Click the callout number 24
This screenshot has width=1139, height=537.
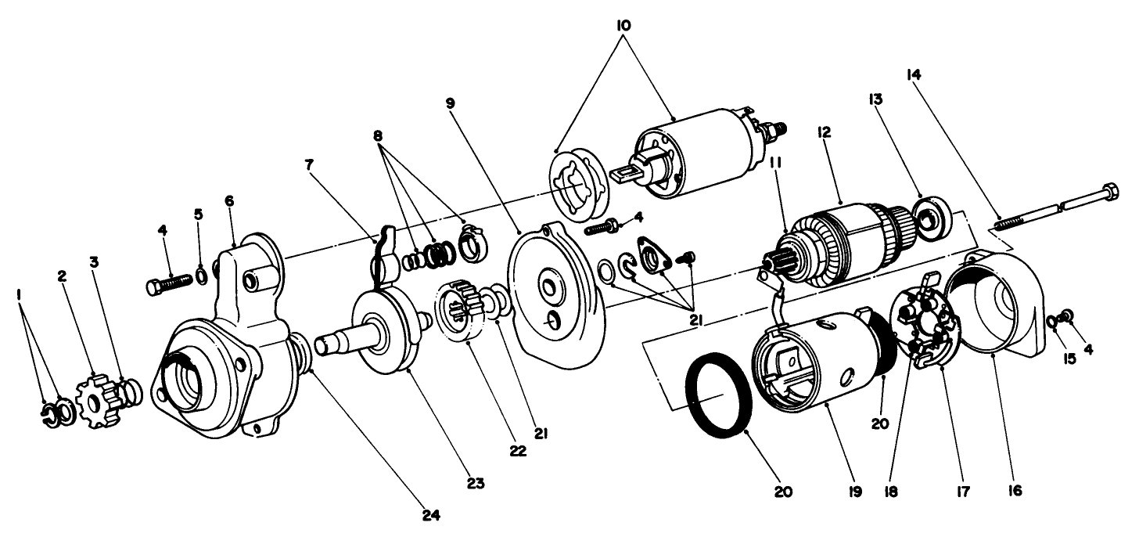pos(431,515)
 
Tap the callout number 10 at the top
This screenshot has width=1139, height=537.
pos(623,26)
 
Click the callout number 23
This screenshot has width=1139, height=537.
pos(475,483)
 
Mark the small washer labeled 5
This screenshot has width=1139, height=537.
pos(200,276)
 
